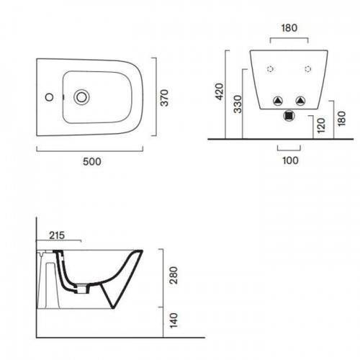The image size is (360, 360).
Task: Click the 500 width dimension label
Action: click(92, 161)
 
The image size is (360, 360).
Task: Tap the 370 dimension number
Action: click(165, 98)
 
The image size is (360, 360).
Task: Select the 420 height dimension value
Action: click(220, 91)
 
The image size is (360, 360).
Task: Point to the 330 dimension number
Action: click(238, 104)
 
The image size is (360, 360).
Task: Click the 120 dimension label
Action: click(321, 125)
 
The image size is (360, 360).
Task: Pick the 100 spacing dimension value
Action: click(290, 161)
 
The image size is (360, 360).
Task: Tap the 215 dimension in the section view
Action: click(57, 235)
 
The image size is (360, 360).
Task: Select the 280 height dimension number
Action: click(174, 275)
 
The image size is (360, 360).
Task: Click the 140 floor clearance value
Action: click(174, 320)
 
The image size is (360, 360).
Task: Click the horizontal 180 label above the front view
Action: click(289, 28)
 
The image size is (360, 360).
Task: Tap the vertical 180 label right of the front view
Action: click(341, 118)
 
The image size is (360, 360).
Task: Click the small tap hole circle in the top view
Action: click(49, 97)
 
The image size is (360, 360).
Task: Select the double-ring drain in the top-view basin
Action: click(81, 97)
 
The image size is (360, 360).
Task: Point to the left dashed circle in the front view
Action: click(270, 69)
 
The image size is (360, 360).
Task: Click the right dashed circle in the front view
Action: click(308, 69)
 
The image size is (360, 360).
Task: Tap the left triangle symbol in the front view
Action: click(278, 101)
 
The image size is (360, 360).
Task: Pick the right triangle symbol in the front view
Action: click(300, 101)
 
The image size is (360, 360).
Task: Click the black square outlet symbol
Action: click(289, 116)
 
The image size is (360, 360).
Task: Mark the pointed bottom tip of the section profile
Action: click(113, 307)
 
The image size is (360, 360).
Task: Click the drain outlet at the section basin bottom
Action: click(81, 289)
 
